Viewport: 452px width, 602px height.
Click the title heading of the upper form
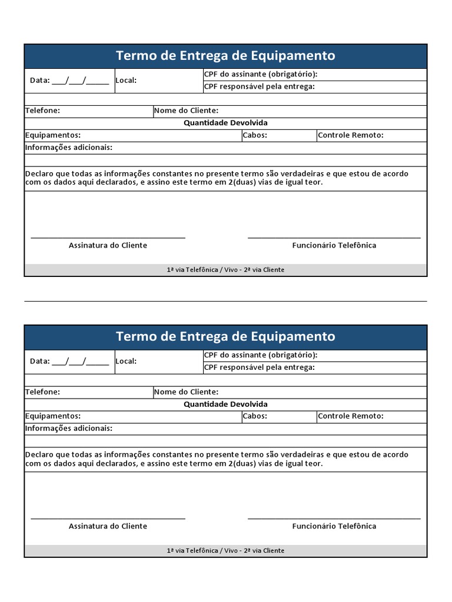225,56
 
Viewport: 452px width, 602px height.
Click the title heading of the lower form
225,337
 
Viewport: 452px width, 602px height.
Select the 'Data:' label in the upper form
39,81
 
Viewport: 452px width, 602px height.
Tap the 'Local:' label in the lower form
126,361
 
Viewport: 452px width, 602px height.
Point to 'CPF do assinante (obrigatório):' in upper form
261,74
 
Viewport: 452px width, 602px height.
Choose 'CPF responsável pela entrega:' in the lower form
260,367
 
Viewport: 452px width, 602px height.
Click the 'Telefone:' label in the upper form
42,111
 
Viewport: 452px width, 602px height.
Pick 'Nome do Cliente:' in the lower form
186,392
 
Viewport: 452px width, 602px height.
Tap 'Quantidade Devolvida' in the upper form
225,123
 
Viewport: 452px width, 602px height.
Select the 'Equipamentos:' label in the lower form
53,416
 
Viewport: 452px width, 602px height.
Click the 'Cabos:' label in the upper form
255,135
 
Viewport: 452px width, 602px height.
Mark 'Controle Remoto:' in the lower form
351,416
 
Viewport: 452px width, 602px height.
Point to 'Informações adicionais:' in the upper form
69,148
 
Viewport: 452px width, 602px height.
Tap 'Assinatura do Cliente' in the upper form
108,245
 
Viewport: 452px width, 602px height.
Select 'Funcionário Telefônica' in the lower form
334,526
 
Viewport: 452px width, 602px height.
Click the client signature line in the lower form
108,519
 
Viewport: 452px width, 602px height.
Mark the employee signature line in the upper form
334,238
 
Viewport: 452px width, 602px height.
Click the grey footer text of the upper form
225,270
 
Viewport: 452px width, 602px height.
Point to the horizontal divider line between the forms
225,301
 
